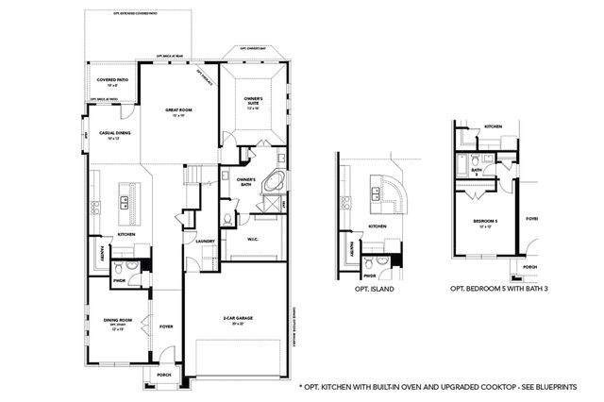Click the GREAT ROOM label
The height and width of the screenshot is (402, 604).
click(x=179, y=110)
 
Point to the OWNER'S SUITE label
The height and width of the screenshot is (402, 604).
click(x=253, y=100)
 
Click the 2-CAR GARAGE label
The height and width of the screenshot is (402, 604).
click(x=238, y=319)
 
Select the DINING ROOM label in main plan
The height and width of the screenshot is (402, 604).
click(x=118, y=321)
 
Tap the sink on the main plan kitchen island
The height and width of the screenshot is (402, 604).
click(x=123, y=199)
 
